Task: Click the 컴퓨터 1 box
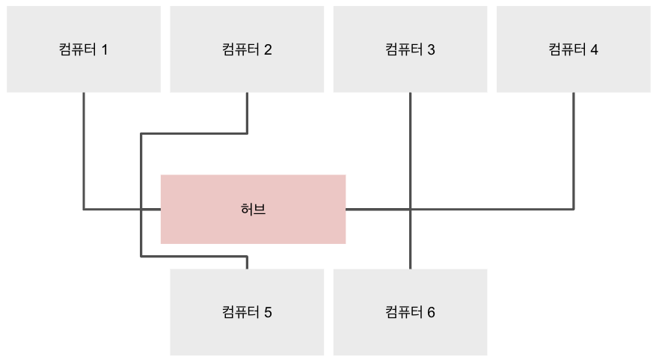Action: coord(84,49)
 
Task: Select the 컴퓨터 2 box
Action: coord(247,49)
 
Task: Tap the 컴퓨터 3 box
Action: coord(410,49)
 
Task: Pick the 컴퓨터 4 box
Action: coord(573,49)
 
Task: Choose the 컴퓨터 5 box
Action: coord(247,311)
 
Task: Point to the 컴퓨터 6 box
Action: coord(410,311)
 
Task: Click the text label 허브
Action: coord(254,210)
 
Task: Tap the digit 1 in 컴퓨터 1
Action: coord(105,50)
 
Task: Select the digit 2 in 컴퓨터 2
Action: coord(268,50)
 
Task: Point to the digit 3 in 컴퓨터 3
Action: coord(431,50)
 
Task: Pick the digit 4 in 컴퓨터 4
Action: coord(594,50)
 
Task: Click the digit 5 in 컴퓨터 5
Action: coord(268,312)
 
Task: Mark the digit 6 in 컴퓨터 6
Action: coord(431,312)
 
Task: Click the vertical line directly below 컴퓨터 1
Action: coord(84,150)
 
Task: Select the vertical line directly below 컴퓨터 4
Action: coord(574,150)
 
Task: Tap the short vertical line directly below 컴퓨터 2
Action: coord(247,112)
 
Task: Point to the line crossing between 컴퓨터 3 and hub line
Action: coord(411,209)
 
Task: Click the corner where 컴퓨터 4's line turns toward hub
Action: coord(574,209)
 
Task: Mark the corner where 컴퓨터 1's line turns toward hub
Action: coord(84,209)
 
